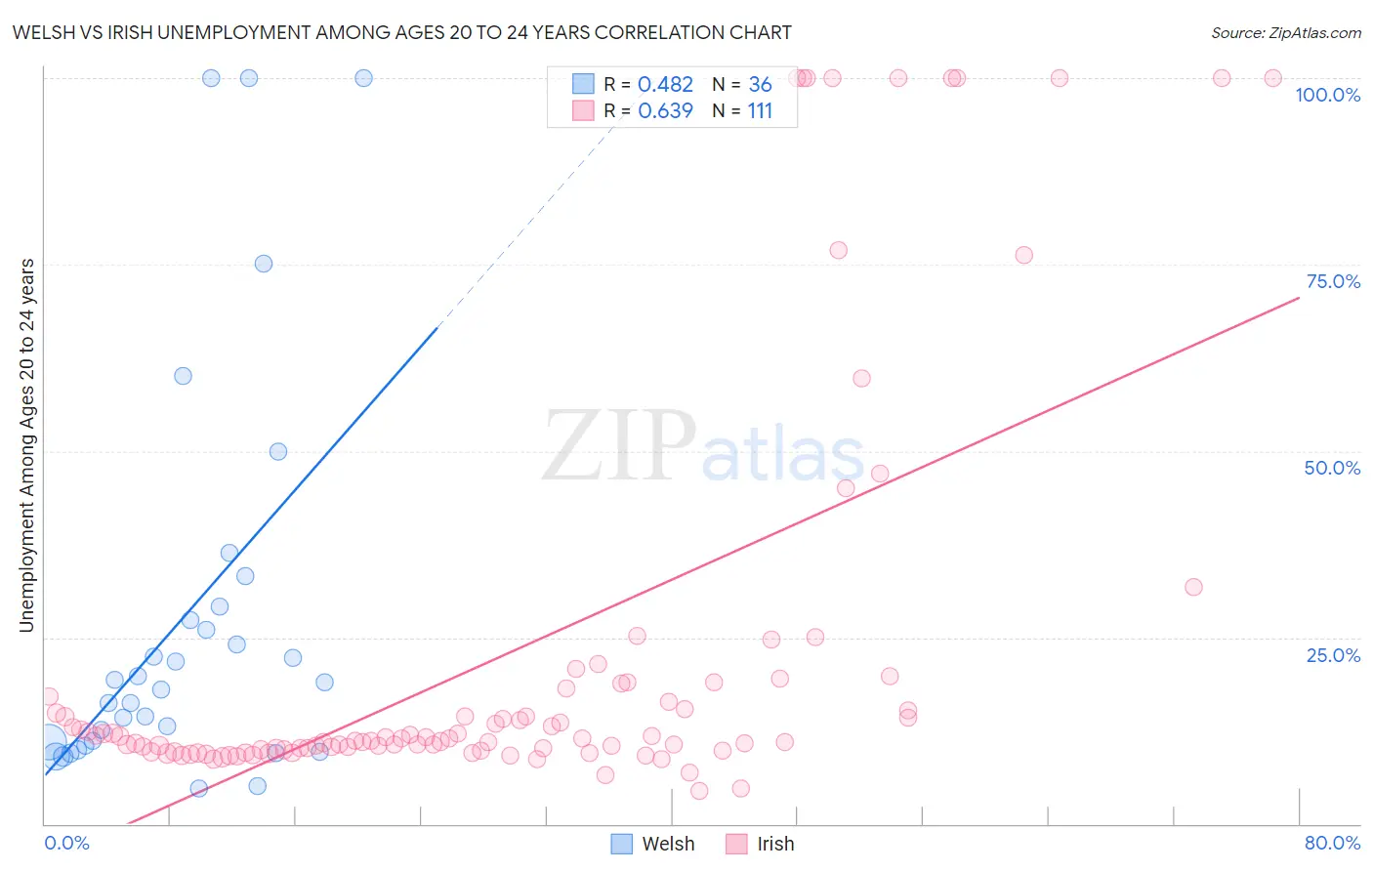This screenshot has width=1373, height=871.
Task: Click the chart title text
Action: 401,33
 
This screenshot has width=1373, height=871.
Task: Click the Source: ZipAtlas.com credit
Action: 1285,33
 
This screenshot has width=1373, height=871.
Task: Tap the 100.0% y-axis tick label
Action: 1327,95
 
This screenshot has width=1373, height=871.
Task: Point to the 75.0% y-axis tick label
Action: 1333,281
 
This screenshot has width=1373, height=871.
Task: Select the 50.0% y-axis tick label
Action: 1332,468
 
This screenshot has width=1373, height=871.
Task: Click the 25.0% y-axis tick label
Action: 1333,655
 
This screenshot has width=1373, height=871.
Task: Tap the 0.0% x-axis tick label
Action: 66,843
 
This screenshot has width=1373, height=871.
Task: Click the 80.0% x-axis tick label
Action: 1332,843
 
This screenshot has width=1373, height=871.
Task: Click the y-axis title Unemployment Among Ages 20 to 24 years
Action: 27,445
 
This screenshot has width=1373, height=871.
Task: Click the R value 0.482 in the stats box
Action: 665,85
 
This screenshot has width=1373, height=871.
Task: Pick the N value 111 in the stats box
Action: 760,111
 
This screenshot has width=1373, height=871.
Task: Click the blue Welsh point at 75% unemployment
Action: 264,264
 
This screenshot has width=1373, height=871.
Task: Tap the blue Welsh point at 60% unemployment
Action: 183,376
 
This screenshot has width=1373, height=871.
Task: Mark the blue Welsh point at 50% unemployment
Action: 278,451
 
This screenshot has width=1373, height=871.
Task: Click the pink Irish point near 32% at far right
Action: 1193,587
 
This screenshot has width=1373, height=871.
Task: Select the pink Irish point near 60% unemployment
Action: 861,378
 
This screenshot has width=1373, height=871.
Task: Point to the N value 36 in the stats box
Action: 760,85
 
